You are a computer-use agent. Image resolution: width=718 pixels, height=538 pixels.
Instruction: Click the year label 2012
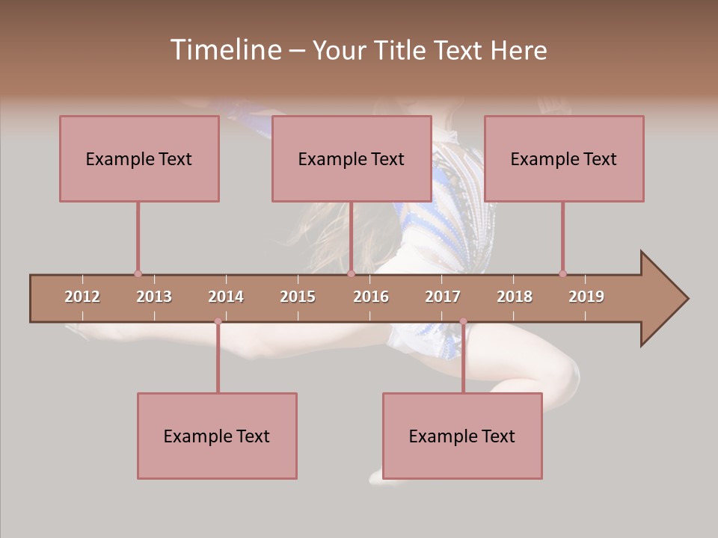coord(82,297)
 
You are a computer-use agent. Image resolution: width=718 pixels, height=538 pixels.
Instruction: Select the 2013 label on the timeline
coord(154,297)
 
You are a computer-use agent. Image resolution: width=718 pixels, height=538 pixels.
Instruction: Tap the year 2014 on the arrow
coord(226,297)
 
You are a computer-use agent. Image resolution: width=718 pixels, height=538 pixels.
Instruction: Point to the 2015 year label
coord(298,297)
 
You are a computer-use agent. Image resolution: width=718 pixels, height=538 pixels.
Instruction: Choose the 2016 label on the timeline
coord(371,297)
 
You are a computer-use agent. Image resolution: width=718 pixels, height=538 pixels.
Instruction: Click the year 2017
coord(443,297)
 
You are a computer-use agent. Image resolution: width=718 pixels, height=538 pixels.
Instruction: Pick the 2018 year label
coord(515,297)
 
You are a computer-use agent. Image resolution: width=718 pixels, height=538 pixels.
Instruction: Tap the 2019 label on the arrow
coord(586,297)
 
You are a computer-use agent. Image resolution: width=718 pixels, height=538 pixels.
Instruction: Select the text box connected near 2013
coord(139,158)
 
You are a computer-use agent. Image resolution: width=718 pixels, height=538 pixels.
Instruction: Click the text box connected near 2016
coord(352,158)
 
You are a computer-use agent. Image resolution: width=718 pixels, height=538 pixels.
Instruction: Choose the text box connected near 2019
coord(564,158)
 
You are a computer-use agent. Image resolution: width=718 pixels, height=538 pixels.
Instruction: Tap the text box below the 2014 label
coord(217,436)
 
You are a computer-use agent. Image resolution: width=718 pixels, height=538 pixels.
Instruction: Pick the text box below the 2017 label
coord(462,436)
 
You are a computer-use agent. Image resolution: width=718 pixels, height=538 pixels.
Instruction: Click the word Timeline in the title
coord(224,50)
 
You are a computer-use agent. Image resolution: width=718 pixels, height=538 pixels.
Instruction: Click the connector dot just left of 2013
coord(138,273)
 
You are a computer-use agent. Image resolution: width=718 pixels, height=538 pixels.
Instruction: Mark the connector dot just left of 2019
coord(562,273)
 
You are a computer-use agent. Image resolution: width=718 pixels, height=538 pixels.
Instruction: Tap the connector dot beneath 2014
coord(218,322)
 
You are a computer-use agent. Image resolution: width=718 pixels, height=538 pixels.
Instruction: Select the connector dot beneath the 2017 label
coord(463,322)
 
